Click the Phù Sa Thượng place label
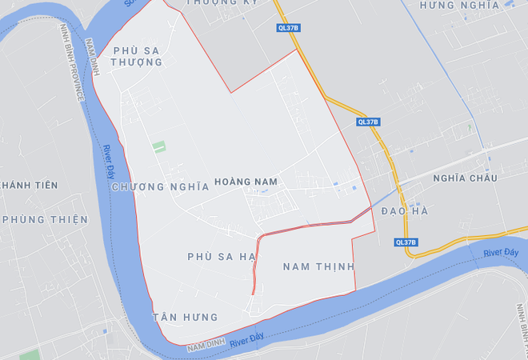point(136,56)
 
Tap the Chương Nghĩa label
point(161,186)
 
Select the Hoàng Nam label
point(246,182)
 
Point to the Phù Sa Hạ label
point(221,256)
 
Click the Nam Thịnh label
point(318,266)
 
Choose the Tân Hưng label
point(185,318)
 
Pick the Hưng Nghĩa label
point(459,5)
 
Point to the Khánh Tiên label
point(29,186)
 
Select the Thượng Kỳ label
point(222,2)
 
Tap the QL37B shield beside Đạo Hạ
point(406,242)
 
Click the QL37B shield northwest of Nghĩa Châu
point(368,122)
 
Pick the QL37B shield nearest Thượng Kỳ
point(288,28)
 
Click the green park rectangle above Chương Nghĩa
point(159,147)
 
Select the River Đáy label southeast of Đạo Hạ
point(501,254)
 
